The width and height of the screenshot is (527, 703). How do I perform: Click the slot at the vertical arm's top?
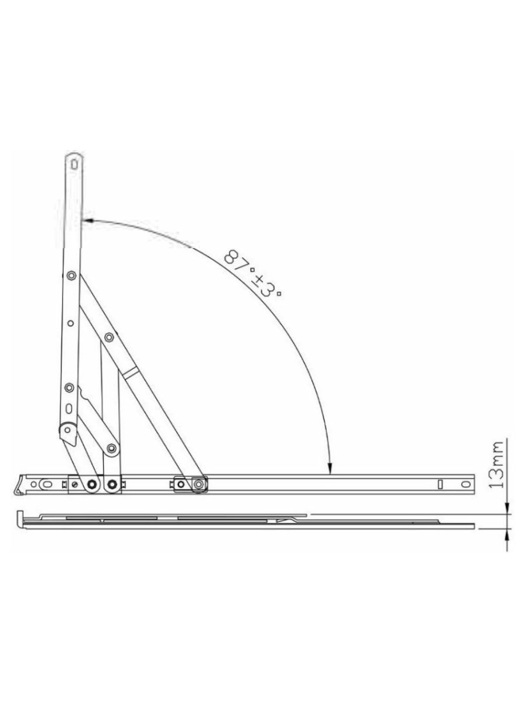[x=74, y=165]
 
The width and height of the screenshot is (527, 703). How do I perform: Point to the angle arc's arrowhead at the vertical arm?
[x=86, y=221]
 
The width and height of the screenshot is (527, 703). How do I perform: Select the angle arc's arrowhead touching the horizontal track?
[x=330, y=468]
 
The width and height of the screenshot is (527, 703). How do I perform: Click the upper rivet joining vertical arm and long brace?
[x=71, y=275]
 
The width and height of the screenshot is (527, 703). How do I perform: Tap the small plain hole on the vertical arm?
[x=70, y=322]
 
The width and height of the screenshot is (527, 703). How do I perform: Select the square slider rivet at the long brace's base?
[x=199, y=484]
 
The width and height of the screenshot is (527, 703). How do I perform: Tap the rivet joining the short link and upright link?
[x=111, y=449]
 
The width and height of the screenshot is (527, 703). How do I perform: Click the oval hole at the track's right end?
[x=465, y=485]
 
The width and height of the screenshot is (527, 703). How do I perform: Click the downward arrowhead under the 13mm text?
[x=507, y=509]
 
